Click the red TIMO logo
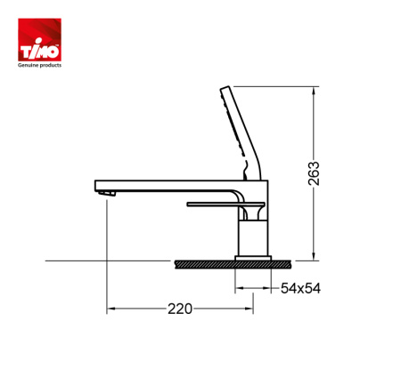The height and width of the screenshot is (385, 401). click(x=39, y=40)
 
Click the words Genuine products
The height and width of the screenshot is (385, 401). click(x=39, y=65)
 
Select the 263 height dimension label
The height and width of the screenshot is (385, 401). click(x=314, y=173)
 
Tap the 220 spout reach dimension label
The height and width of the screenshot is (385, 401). click(x=180, y=309)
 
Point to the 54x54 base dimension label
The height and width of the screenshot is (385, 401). click(x=300, y=288)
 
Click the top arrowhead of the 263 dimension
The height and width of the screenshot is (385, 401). click(x=314, y=91)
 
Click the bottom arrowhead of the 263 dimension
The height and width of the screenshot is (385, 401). click(x=314, y=257)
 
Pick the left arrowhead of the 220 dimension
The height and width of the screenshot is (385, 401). click(x=110, y=309)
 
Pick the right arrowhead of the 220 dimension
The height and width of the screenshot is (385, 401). click(x=249, y=309)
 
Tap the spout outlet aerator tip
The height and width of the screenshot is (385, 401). click(x=107, y=194)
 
